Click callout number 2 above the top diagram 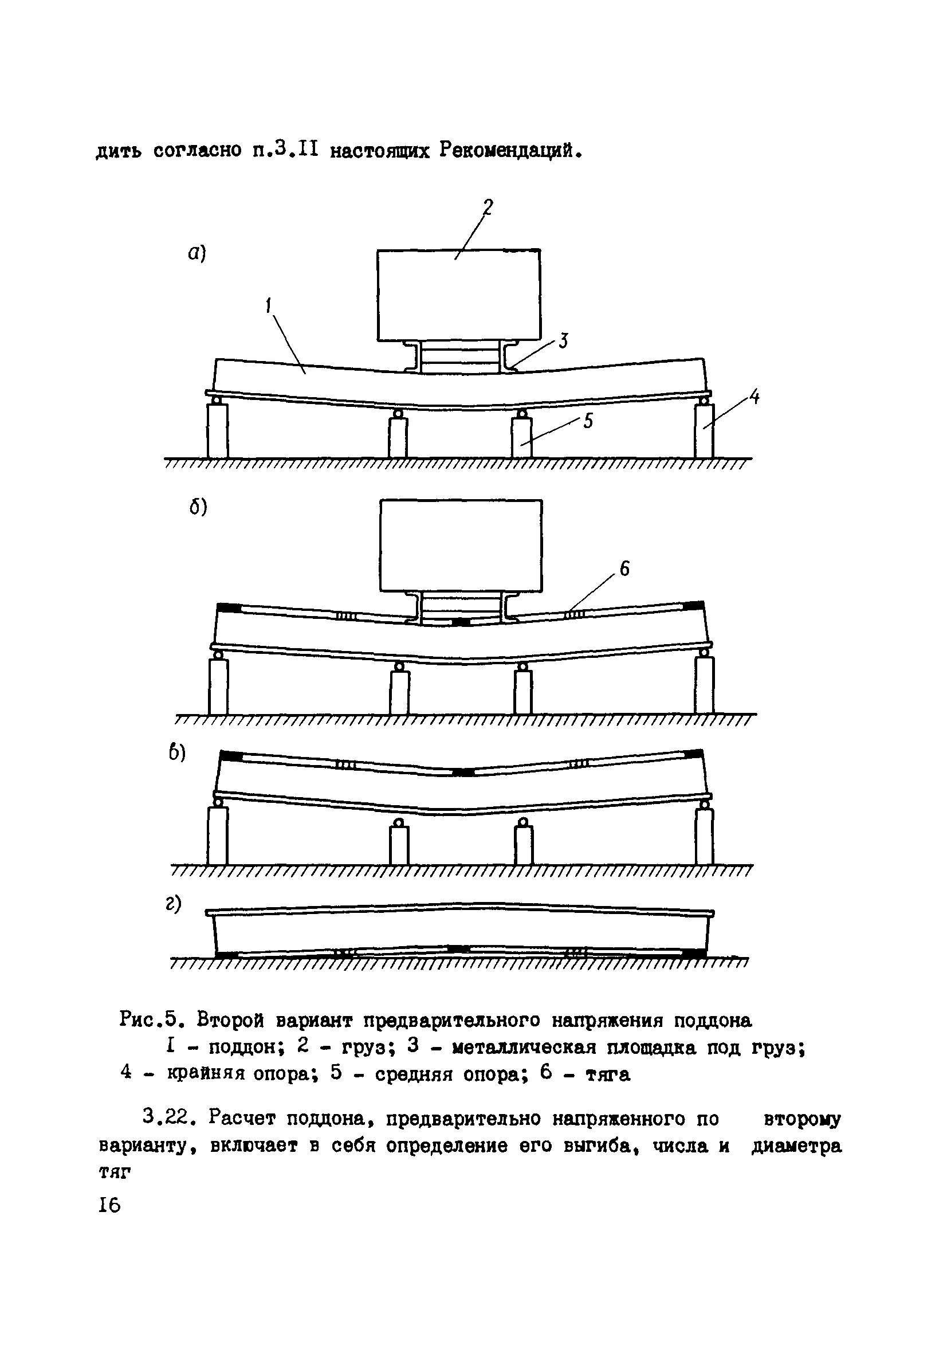click(488, 207)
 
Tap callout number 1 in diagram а click(269, 306)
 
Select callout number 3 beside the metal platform click(563, 340)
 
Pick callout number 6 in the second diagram click(624, 568)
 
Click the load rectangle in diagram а click(458, 295)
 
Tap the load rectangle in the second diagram click(461, 545)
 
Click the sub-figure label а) click(197, 253)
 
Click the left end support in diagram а click(218, 430)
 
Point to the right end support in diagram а click(704, 430)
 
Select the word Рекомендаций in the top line click(510, 151)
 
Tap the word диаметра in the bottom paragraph click(796, 1146)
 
